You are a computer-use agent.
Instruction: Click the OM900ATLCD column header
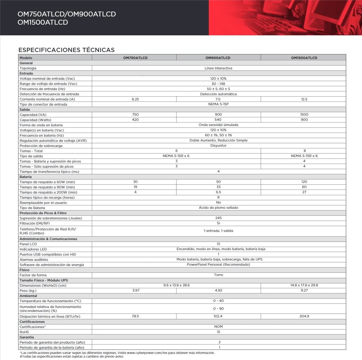click(218, 58)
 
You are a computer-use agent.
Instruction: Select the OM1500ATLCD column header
click(304, 58)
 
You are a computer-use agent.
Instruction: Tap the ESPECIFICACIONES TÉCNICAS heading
click(66, 50)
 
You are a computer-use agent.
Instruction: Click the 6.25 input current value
click(135, 99)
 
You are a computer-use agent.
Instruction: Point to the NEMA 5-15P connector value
click(218, 104)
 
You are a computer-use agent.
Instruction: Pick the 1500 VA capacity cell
click(304, 115)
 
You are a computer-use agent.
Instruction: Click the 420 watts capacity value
click(135, 120)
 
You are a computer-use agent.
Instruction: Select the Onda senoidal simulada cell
click(218, 125)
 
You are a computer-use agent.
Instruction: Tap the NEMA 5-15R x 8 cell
click(304, 156)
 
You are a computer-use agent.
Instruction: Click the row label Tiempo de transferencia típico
click(49, 172)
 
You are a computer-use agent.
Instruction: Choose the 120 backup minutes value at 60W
click(304, 182)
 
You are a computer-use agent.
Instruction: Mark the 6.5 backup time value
click(218, 192)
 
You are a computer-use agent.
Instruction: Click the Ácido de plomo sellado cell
click(218, 208)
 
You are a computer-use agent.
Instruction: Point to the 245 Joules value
click(218, 218)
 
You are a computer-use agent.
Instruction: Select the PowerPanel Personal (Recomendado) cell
click(218, 264)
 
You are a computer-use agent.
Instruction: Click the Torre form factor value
click(218, 275)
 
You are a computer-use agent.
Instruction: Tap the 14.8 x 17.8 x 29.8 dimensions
click(304, 285)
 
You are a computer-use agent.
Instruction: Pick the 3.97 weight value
click(136, 290)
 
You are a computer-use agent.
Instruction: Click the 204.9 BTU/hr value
click(304, 316)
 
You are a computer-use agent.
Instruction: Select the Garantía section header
click(27, 337)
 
